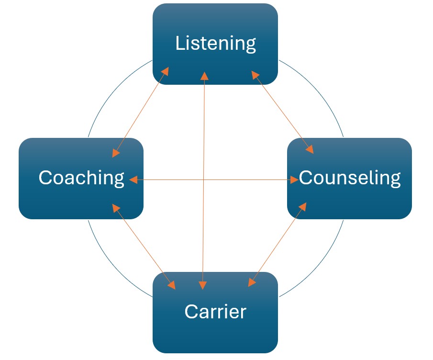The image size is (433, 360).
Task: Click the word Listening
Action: click(215, 44)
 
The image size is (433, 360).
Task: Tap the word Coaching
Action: click(81, 178)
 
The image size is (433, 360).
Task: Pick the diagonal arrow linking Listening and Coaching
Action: click(140, 112)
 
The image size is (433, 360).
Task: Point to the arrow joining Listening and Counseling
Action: click(282, 112)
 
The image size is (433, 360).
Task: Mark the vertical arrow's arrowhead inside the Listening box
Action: click(204, 76)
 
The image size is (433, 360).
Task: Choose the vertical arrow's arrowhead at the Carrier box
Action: click(203, 285)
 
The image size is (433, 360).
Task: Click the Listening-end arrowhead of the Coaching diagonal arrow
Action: click(165, 71)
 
